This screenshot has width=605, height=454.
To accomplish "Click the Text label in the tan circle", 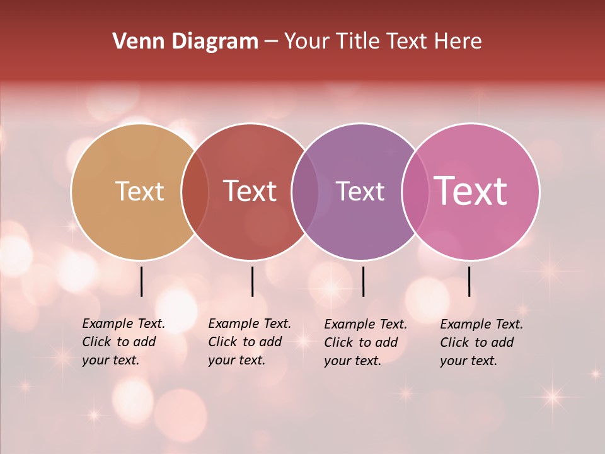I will [x=139, y=191].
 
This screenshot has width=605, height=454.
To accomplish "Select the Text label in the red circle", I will [x=250, y=191].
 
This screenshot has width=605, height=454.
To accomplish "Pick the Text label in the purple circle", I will [x=360, y=191].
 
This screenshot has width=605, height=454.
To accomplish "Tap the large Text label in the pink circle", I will [x=471, y=191].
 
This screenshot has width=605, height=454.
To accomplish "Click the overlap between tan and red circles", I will [x=195, y=192].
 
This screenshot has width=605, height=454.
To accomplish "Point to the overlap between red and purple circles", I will [x=305, y=192].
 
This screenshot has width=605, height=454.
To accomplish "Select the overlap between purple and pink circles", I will [x=415, y=192].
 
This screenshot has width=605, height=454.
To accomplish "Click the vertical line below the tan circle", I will [x=142, y=281].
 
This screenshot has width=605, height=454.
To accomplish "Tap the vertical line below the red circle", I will [x=252, y=281].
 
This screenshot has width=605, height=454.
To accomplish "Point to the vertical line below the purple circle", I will [x=363, y=281].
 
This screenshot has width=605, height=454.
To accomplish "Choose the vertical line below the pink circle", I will [x=470, y=281].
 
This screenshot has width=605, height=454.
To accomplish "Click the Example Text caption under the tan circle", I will [x=123, y=342].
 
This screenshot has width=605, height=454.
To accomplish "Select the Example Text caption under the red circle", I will [x=249, y=342].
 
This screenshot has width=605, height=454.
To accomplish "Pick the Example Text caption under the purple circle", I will [x=365, y=342].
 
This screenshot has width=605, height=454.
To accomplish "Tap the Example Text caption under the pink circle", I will [x=481, y=342].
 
